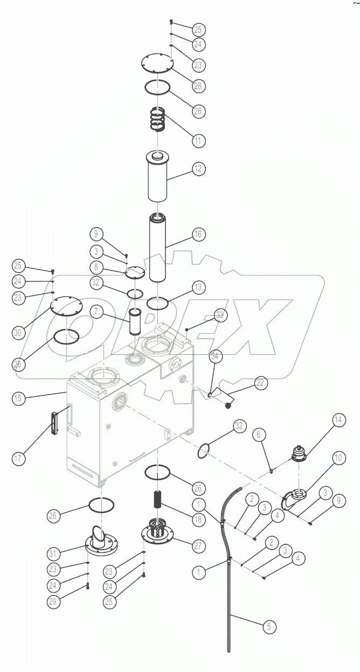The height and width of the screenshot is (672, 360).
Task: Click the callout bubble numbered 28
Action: (x=198, y=86)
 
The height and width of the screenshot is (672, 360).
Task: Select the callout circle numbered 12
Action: (x=198, y=169)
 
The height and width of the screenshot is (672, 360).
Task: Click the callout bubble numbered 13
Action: (x=198, y=288)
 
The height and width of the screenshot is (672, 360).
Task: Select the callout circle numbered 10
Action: (x=337, y=458)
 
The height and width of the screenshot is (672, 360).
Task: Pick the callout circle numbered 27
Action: (x=198, y=545)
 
